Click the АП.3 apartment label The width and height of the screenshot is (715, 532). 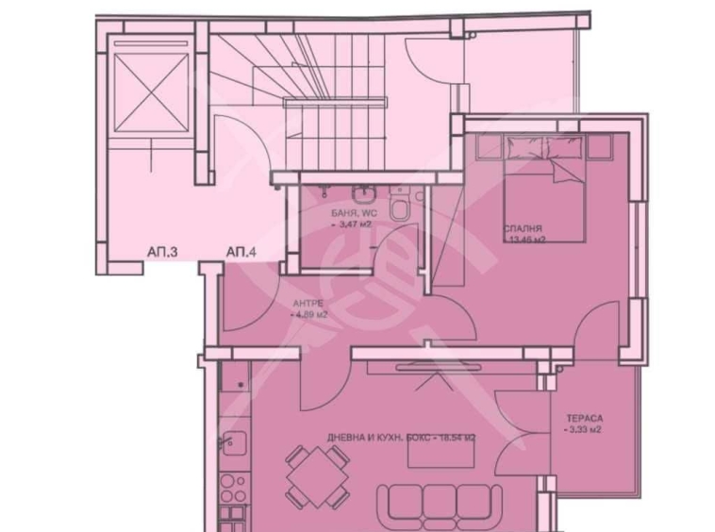163,252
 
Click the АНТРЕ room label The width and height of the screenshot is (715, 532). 308,302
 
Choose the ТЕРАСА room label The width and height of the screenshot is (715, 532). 585,417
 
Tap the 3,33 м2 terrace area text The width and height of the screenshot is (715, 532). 584,430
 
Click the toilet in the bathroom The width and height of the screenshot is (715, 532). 400,206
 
